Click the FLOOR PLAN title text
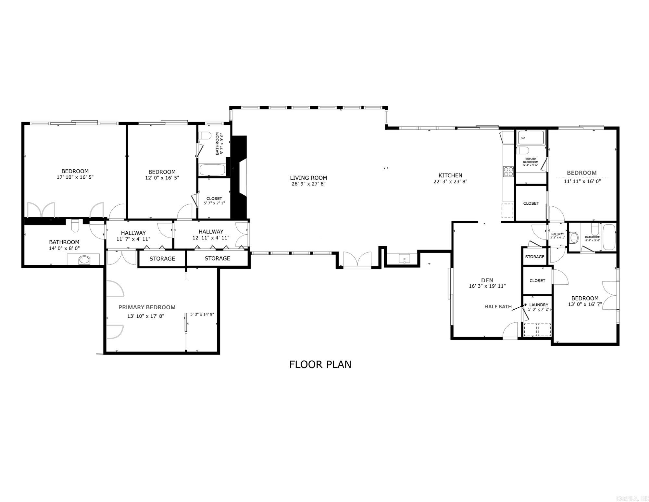(x=320, y=364)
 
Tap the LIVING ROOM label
(x=308, y=178)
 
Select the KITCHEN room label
(x=450, y=175)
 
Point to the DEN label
(x=487, y=280)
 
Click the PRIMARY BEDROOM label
(x=147, y=307)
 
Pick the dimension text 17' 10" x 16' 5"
(x=75, y=177)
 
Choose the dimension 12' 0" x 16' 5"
(x=162, y=178)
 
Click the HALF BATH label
(x=498, y=306)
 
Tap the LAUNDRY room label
(x=539, y=305)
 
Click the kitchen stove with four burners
(x=508, y=171)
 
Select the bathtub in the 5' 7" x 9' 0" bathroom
(x=212, y=170)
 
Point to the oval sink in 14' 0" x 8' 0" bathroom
(x=84, y=260)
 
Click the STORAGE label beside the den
(x=534, y=257)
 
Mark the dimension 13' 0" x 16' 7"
(x=585, y=304)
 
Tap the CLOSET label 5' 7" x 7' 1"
(x=214, y=199)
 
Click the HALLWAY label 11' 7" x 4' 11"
(x=133, y=233)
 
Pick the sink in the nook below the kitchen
(x=404, y=259)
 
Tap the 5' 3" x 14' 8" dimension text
(x=202, y=314)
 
